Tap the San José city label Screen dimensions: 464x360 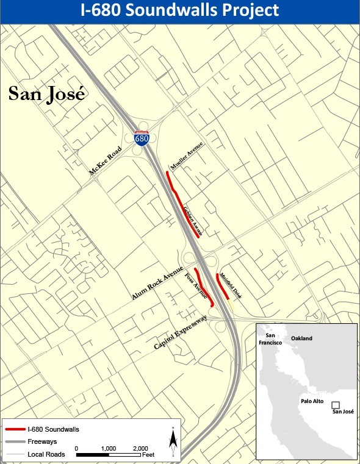pos(46,94)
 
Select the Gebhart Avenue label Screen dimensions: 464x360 pos(192,220)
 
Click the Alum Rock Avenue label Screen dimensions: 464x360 pos(157,284)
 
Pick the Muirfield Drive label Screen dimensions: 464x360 pos(231,285)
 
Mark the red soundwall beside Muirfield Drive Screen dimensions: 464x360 pos(222,286)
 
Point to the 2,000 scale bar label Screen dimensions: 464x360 pos(140,448)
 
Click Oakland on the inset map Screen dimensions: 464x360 pos(301,338)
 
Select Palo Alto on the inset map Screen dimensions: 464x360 pos(311,402)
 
